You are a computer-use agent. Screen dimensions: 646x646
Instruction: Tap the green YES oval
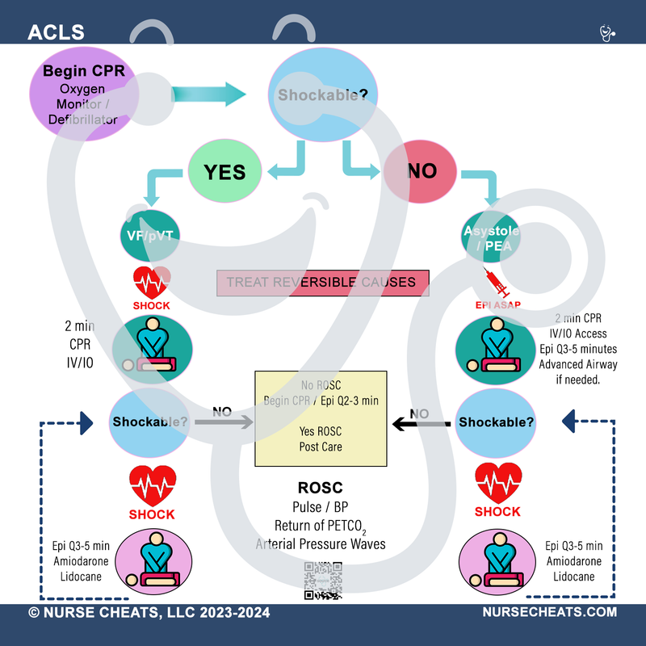point(226,170)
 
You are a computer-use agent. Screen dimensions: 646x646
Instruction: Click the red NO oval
point(421,170)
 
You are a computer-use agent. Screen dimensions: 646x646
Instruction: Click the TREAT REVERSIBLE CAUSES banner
point(321,283)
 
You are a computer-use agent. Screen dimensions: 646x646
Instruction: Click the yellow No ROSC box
point(321,418)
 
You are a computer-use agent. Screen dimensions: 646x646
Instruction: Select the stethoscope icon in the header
point(607,33)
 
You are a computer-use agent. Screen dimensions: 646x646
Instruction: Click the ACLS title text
point(56,33)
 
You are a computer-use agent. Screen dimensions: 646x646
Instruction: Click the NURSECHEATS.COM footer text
point(549,613)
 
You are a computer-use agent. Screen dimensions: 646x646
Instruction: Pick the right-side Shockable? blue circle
point(496,422)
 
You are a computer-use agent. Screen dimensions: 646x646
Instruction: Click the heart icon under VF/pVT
point(151,283)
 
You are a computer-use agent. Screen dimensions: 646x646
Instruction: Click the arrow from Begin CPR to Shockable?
point(208,94)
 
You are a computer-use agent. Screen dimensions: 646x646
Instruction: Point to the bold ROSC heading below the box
point(321,489)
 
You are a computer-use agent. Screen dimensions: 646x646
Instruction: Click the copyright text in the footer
point(149,613)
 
